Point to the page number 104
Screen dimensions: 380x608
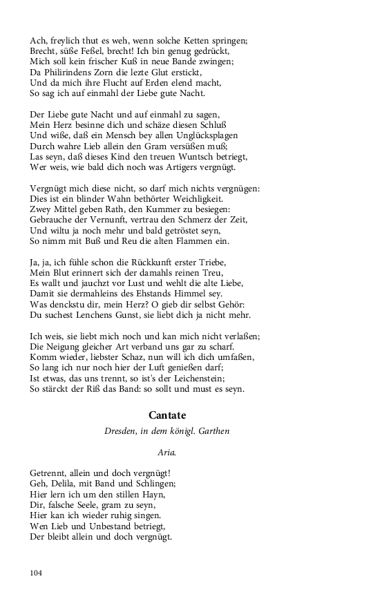[37, 572]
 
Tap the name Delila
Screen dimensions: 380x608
[64, 484]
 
